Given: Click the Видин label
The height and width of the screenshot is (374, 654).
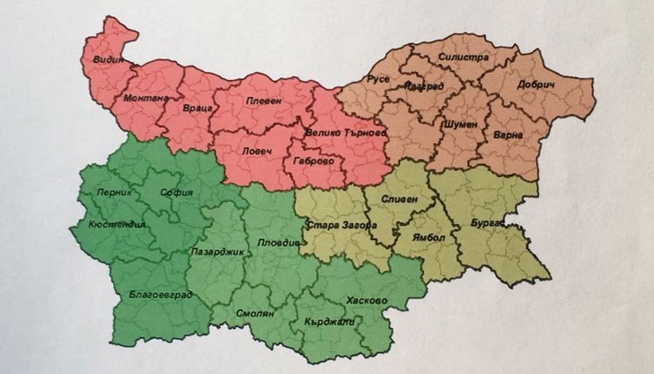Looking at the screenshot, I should point(120,61).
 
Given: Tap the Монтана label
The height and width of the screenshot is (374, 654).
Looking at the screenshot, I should point(145,96).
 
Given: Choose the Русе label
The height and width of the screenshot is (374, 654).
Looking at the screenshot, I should point(377,78).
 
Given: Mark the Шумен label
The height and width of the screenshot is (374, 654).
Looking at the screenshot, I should point(459,124).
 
